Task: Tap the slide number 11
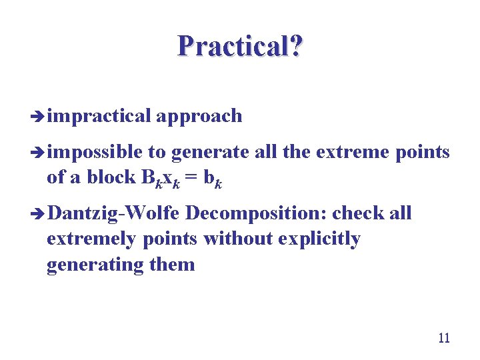pyautogui.click(x=443, y=338)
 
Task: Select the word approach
pyautogui.click(x=199, y=116)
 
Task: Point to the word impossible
pyautogui.click(x=95, y=153)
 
